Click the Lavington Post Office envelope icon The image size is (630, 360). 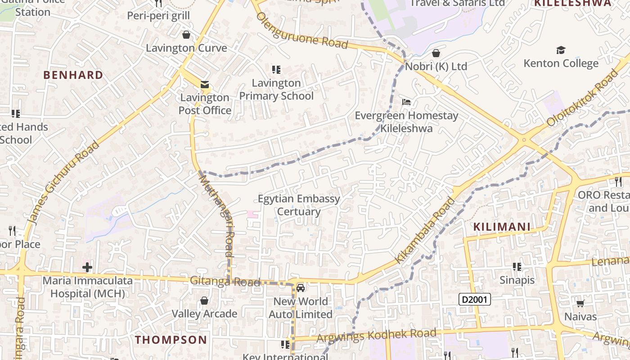point(205,85)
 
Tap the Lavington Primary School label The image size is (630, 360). point(276,90)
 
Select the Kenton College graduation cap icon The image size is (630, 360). point(561,50)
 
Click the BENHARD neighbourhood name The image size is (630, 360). point(73,75)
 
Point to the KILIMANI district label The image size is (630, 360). point(501,227)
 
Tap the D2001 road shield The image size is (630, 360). point(475,299)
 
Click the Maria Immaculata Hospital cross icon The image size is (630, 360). point(87,268)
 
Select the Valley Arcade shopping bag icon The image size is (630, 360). point(204,301)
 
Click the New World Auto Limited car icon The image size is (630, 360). point(301,288)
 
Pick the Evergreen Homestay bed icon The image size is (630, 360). point(406,102)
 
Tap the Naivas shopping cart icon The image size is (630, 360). point(580,303)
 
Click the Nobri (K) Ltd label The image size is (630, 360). point(436,67)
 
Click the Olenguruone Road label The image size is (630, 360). point(302,31)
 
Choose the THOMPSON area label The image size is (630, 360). point(171,340)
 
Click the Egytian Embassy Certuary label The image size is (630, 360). point(299,205)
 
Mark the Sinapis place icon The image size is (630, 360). point(517,267)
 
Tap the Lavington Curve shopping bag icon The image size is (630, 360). point(186,35)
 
